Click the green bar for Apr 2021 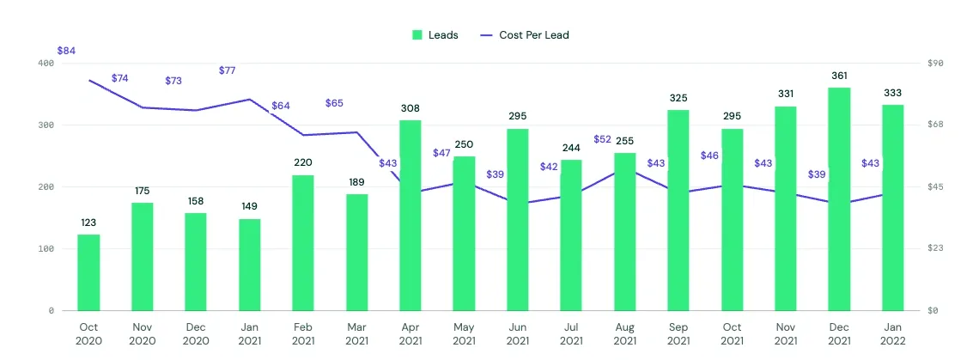click(x=410, y=215)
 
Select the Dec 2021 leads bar click(x=839, y=198)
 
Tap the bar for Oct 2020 click(x=88, y=272)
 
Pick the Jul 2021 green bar click(x=571, y=235)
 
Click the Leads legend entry click(x=435, y=35)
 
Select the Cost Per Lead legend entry click(x=525, y=35)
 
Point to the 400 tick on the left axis click(x=46, y=64)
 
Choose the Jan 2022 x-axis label click(x=893, y=333)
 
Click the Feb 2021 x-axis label click(x=303, y=333)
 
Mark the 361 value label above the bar click(x=839, y=76)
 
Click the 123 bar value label click(x=88, y=223)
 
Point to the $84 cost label click(x=66, y=51)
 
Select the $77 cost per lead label click(x=228, y=70)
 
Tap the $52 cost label click(x=603, y=139)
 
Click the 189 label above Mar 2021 click(x=356, y=182)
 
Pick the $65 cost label click(x=334, y=103)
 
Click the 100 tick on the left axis click(x=46, y=249)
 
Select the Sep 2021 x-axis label click(x=678, y=333)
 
